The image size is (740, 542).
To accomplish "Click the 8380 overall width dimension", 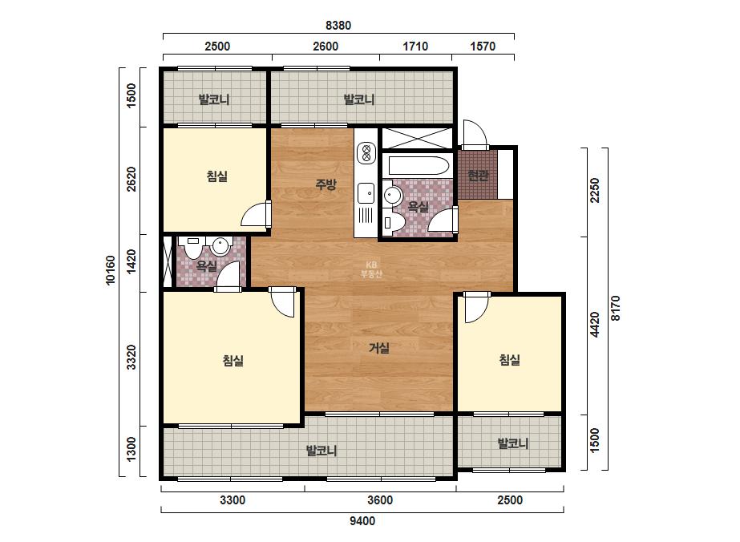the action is pyautogui.click(x=338, y=25).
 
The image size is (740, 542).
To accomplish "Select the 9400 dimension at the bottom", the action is pyautogui.click(x=362, y=521).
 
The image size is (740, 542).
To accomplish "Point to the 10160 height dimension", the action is pyautogui.click(x=111, y=270).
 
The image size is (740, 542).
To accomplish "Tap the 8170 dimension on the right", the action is pyautogui.click(x=616, y=309).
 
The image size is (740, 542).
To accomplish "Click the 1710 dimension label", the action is pyautogui.click(x=415, y=47).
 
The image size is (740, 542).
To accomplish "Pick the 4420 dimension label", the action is pyautogui.click(x=595, y=325).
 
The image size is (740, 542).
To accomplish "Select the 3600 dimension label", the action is pyautogui.click(x=380, y=500).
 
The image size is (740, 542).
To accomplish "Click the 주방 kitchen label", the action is pyautogui.click(x=326, y=184).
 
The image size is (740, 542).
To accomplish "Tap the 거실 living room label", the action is pyautogui.click(x=379, y=348).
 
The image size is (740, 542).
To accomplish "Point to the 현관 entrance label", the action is pyautogui.click(x=478, y=176).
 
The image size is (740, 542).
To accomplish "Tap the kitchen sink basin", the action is pyautogui.click(x=366, y=192).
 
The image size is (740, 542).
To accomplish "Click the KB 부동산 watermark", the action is pyautogui.click(x=371, y=269).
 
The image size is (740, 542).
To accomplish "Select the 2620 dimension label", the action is pyautogui.click(x=131, y=179).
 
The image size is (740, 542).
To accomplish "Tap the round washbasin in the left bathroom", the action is pyautogui.click(x=220, y=245).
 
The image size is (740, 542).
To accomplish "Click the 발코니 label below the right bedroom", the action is pyautogui.click(x=513, y=443).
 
